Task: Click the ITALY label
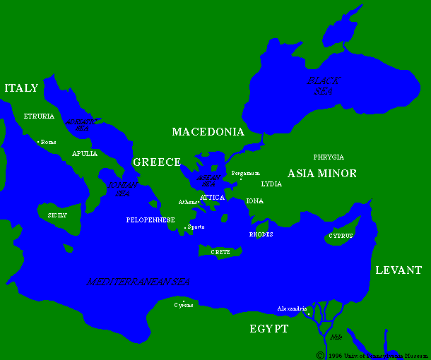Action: click(x=21, y=88)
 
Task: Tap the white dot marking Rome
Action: click(x=38, y=142)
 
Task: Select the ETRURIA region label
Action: click(x=39, y=116)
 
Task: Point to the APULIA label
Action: click(x=85, y=153)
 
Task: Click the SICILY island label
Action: click(x=57, y=215)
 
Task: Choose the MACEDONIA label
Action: click(x=208, y=132)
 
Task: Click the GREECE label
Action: click(x=157, y=162)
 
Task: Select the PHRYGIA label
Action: click(x=329, y=157)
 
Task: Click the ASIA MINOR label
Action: click(x=321, y=174)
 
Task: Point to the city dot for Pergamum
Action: click(x=241, y=179)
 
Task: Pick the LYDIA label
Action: click(x=271, y=184)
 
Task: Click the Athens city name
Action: click(x=188, y=202)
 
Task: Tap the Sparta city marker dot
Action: click(x=186, y=227)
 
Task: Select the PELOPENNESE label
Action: click(x=150, y=220)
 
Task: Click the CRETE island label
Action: click(x=220, y=251)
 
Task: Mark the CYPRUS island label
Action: click(x=341, y=236)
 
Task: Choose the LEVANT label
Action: click(x=398, y=270)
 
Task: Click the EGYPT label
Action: click(x=268, y=329)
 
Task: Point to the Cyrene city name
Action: click(x=184, y=305)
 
